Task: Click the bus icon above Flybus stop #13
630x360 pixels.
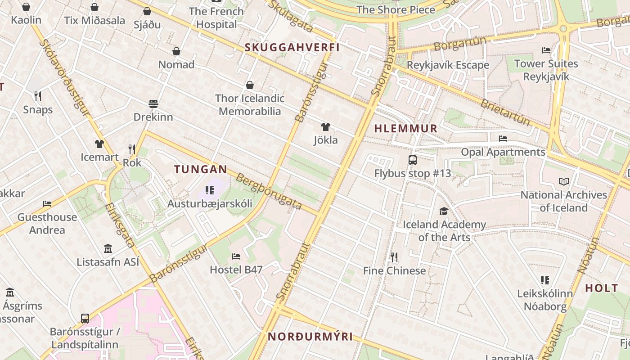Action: [412, 160]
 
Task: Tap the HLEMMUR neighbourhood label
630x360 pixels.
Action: [406, 129]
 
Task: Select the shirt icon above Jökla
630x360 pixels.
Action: [326, 127]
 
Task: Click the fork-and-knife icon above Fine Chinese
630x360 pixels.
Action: [394, 257]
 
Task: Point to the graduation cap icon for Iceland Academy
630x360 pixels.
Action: [444, 211]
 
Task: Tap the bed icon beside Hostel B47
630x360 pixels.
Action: [236, 256]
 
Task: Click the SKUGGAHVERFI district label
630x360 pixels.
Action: [292, 47]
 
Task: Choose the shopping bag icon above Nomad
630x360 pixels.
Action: [176, 51]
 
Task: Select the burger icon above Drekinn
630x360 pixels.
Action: [153, 104]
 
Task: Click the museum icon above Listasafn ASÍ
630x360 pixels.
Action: [108, 248]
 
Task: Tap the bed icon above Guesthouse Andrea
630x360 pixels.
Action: [47, 204]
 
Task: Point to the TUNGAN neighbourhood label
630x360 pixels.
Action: [201, 169]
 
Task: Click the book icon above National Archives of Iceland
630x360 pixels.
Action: [563, 181]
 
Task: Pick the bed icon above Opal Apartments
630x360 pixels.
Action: [503, 139]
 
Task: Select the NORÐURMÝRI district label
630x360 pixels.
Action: [310, 337]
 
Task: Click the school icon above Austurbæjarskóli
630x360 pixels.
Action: [209, 190]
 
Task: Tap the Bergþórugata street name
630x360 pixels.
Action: [269, 191]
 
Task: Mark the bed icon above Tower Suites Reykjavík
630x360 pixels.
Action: [546, 50]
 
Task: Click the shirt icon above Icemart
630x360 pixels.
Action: [99, 144]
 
